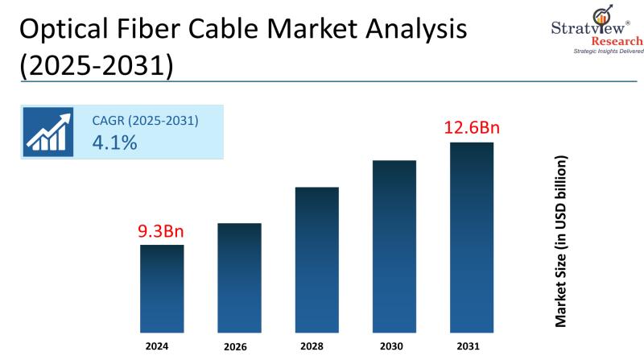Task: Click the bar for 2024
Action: pos(162,288)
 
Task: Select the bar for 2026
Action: pos(239,277)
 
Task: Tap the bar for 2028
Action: pos(316,259)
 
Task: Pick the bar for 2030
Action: pos(394,246)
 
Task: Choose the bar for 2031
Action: pos(471,237)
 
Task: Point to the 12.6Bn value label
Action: pos(472,128)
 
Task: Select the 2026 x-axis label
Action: pos(238,348)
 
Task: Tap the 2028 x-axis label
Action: pos(316,348)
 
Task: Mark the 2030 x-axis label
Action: pos(394,348)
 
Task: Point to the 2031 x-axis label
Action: pos(471,347)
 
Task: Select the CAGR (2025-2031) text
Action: pos(145,121)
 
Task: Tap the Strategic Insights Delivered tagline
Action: pos(608,52)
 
